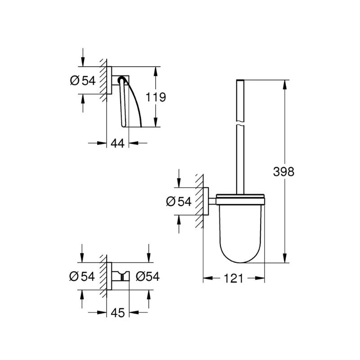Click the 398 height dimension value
click(284, 171)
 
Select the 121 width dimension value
click(234, 279)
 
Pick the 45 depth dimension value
click(118, 312)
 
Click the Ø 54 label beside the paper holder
click(83, 81)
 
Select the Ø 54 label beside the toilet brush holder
click(179, 202)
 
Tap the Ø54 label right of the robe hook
click(147, 276)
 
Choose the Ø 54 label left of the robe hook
click(82, 276)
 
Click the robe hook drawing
click(120, 276)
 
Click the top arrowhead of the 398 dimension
click(285, 84)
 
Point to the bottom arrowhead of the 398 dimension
click(285, 258)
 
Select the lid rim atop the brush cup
click(240, 197)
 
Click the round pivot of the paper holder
click(121, 81)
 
